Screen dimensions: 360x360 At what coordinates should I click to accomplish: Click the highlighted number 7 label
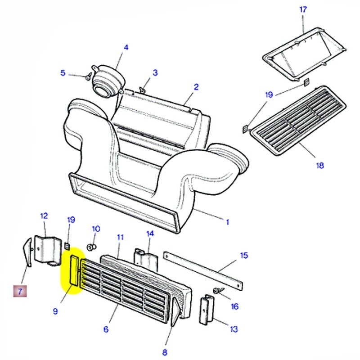20,292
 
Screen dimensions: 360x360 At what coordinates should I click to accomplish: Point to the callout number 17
303,9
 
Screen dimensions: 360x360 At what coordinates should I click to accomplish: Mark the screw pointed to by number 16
217,291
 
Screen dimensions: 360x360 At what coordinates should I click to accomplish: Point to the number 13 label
234,329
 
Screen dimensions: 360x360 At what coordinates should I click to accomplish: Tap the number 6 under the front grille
106,329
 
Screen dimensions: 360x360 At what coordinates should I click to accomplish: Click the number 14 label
150,234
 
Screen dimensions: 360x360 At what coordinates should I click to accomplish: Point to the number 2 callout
196,87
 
